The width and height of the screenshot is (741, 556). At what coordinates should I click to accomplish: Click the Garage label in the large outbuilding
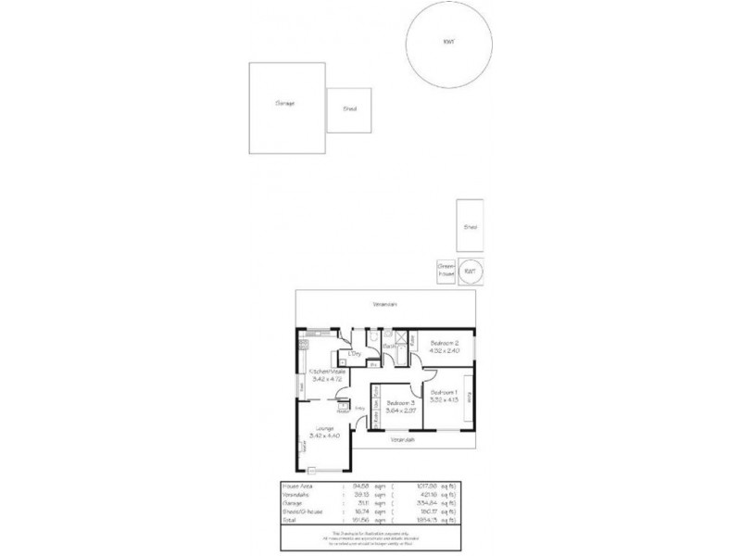285,103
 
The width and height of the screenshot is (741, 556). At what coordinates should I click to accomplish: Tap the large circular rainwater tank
449,43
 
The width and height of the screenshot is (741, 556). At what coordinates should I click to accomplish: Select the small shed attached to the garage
349,110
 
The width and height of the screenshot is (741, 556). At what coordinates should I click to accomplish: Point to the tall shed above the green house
470,226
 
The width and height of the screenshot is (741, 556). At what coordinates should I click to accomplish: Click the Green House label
446,272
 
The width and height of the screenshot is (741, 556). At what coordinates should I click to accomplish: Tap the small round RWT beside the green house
470,272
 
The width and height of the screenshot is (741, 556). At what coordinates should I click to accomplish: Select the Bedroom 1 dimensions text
445,400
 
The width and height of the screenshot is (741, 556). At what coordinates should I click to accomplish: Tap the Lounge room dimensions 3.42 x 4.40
324,436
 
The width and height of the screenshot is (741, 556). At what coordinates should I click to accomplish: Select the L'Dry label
354,354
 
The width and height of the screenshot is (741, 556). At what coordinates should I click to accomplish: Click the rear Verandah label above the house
384,303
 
